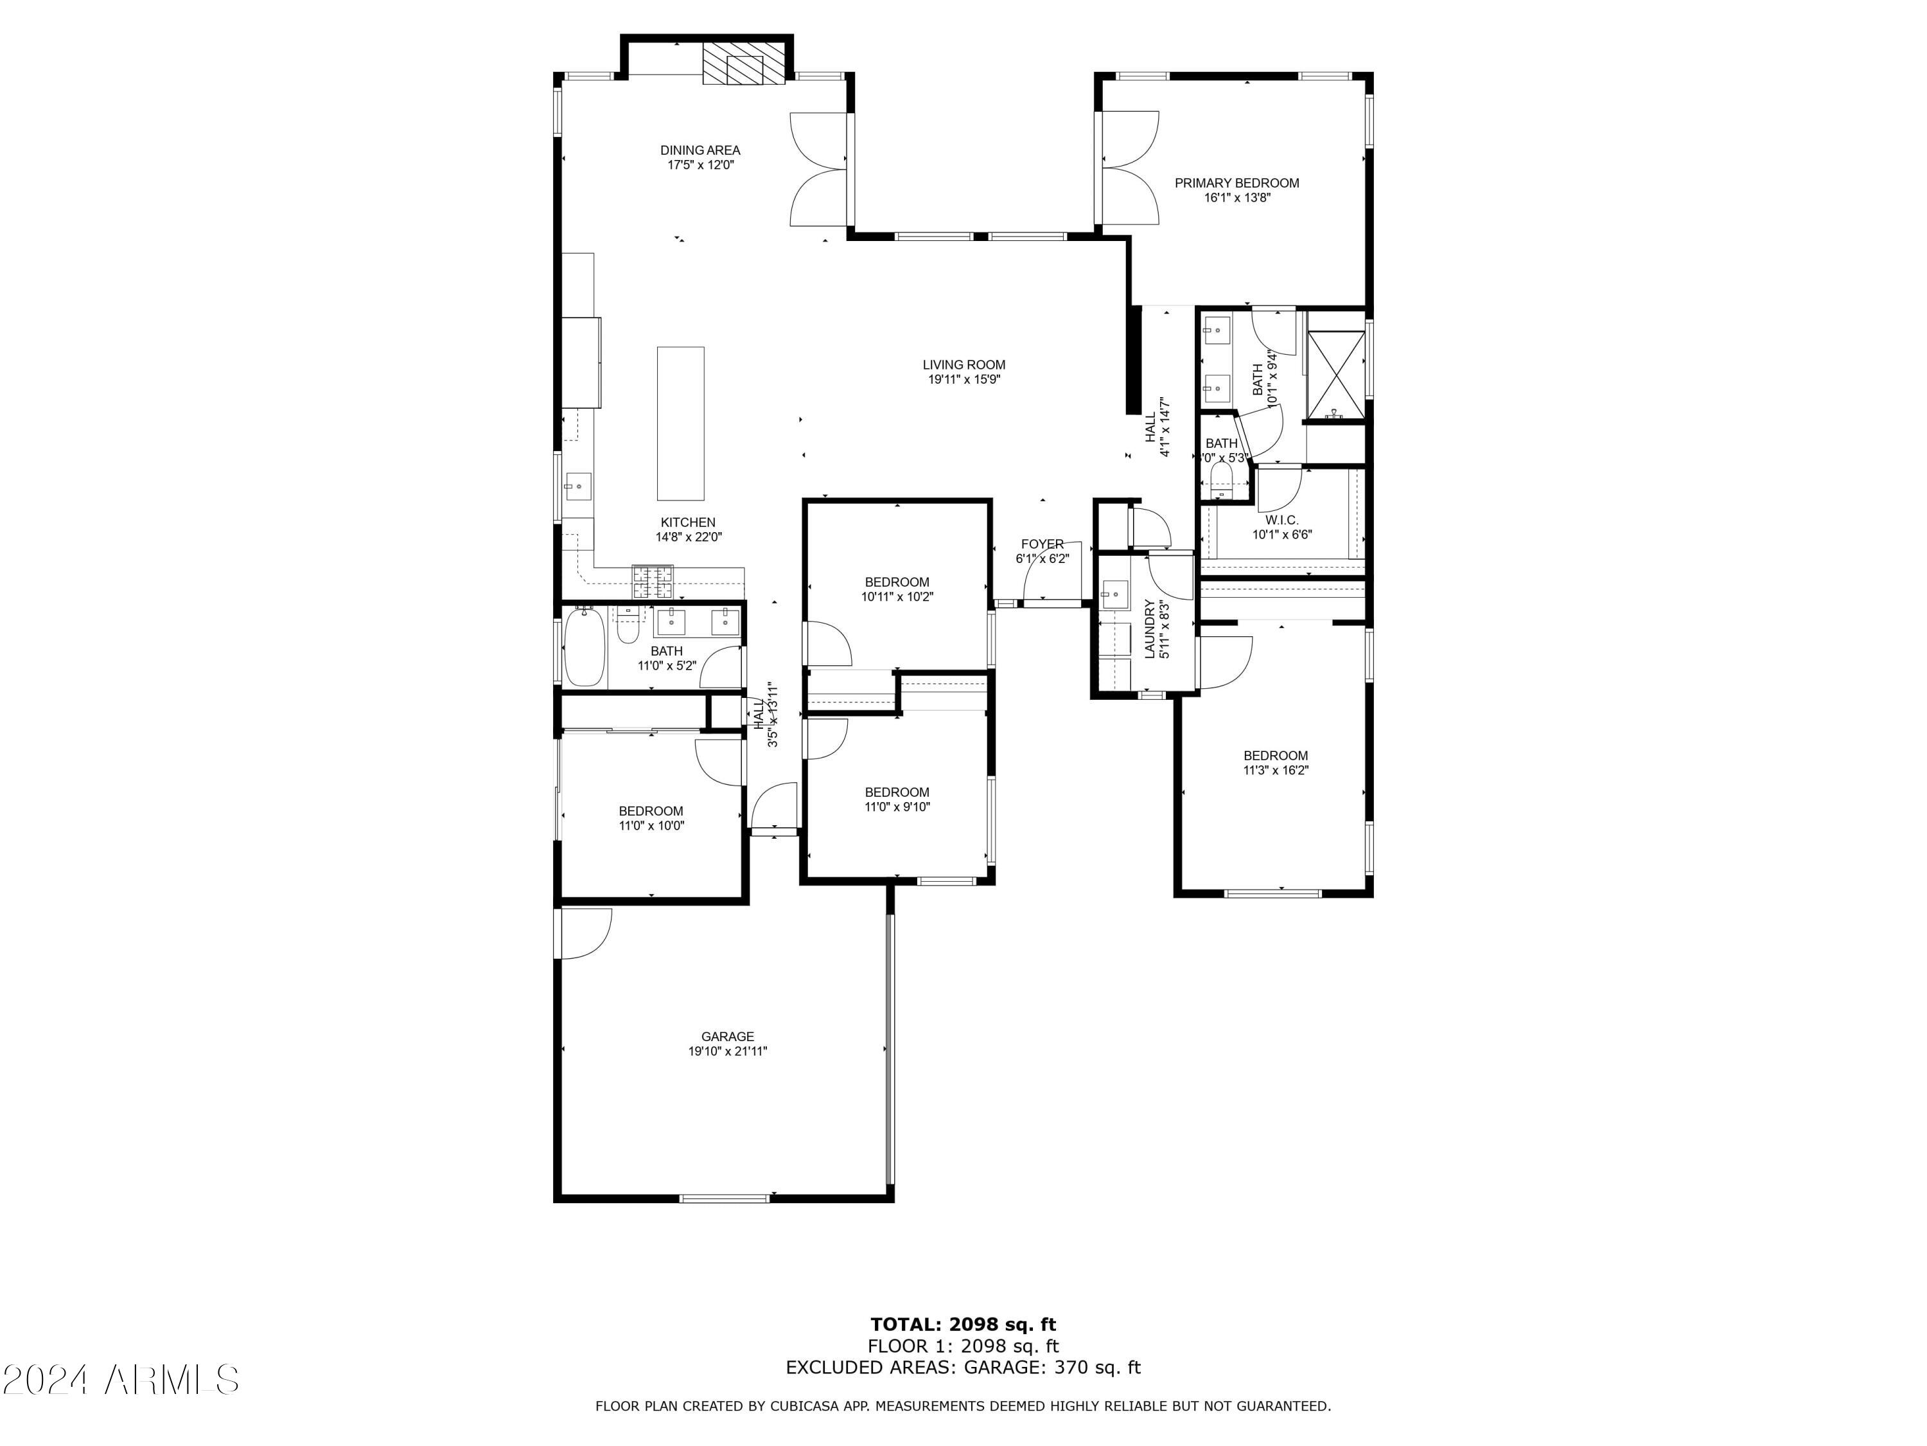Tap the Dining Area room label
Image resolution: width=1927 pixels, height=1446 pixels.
(x=700, y=150)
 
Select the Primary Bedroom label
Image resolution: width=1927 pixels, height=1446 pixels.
(x=1236, y=183)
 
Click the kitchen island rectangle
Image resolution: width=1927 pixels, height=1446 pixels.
(x=680, y=423)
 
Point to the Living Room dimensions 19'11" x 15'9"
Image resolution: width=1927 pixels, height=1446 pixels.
(x=963, y=380)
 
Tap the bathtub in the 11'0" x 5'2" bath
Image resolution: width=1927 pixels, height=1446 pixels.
(x=584, y=648)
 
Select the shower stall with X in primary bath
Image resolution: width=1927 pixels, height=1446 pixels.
(x=1336, y=365)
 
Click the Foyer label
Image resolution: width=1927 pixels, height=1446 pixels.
(x=1042, y=544)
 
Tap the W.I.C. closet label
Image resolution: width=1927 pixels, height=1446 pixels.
(x=1281, y=521)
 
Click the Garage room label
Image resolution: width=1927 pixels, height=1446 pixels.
(x=727, y=1037)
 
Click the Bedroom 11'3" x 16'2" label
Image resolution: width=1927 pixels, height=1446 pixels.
(x=1276, y=756)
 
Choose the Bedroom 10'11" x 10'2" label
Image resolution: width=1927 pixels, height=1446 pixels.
(x=897, y=582)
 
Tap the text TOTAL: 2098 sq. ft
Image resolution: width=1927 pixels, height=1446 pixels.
(x=963, y=1325)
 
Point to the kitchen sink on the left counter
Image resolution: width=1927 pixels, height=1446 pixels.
(x=577, y=485)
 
